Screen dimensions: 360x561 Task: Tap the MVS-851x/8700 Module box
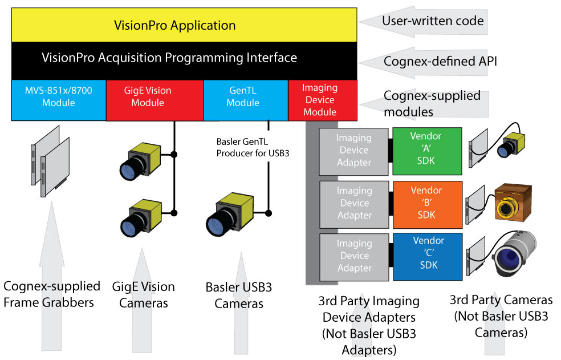tap(58, 98)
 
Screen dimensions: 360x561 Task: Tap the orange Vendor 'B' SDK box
tap(427, 202)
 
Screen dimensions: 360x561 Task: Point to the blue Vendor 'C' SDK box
tap(427, 256)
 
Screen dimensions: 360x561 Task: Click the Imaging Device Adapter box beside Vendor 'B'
tap(353, 202)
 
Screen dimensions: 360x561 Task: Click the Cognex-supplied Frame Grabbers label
tap(51, 294)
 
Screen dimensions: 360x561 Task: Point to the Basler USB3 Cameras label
tap(238, 294)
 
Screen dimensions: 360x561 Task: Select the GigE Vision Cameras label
tap(147, 294)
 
